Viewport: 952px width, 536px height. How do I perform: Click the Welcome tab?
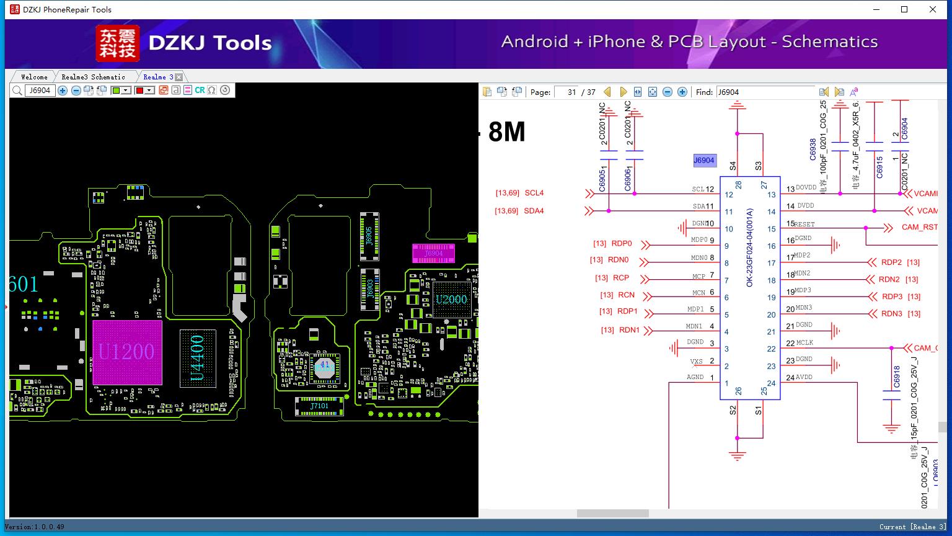coord(34,77)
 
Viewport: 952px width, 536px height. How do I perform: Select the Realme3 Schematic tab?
coord(93,77)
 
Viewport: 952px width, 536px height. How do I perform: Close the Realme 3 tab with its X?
coord(178,77)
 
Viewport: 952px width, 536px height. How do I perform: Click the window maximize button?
coord(904,9)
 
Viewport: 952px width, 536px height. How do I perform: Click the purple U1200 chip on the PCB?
coord(127,352)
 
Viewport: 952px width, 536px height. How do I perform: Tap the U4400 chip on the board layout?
coord(197,358)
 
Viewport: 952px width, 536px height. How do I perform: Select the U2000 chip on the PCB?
coord(451,300)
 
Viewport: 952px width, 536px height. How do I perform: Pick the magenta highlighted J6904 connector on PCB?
coord(433,253)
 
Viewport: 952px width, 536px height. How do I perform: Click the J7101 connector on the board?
coord(319,406)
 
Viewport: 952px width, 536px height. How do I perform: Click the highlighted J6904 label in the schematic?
coord(703,161)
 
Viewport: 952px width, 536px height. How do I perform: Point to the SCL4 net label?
coord(534,193)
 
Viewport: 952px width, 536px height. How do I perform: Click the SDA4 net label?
coord(534,211)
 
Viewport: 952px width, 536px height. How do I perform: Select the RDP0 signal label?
coord(621,244)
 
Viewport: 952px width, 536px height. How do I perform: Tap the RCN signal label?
coord(626,295)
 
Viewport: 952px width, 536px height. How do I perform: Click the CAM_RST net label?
coord(919,227)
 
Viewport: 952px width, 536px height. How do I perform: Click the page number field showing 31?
coord(566,92)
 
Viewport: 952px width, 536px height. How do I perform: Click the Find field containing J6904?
coord(765,92)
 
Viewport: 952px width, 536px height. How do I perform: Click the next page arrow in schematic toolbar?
coord(623,92)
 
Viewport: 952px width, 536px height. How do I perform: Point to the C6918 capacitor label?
coord(896,377)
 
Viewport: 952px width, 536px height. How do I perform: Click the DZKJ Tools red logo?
coord(117,43)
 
